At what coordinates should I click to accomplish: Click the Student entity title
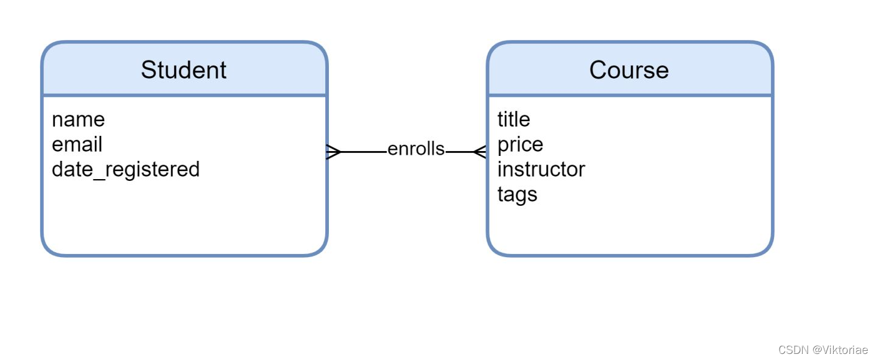183,70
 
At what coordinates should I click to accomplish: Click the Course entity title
629,70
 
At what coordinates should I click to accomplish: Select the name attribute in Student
78,119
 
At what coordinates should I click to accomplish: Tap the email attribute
77,144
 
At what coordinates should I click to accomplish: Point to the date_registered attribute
125,169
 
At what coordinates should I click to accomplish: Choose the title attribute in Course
513,119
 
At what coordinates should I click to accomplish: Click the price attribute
520,145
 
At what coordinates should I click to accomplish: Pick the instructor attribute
541,169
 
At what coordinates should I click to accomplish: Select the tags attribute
517,194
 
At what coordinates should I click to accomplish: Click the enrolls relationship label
416,149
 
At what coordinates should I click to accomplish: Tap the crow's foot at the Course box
480,151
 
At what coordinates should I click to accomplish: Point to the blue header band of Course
719,70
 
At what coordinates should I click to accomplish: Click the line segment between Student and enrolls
364,151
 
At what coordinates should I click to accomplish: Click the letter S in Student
148,70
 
